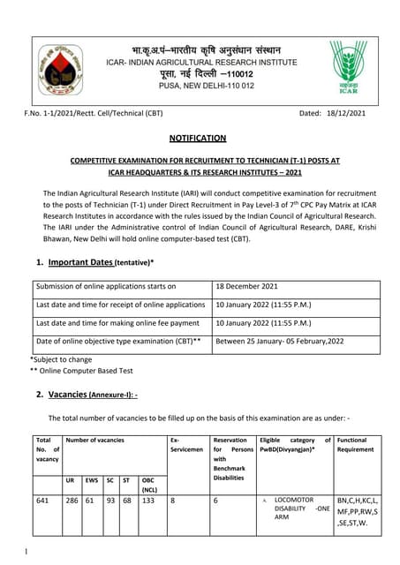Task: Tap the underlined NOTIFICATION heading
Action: pos(198,138)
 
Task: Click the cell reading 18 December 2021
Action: pos(247,286)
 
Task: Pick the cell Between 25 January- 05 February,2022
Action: pos(280,341)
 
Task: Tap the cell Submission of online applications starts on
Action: pos(106,286)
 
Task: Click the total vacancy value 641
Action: pos(42,500)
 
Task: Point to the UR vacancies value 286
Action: pos(72,500)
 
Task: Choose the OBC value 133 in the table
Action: pos(148,500)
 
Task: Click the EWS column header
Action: pos(91,480)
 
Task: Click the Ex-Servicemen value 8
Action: pos(173,500)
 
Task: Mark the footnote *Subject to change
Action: pos(62,359)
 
